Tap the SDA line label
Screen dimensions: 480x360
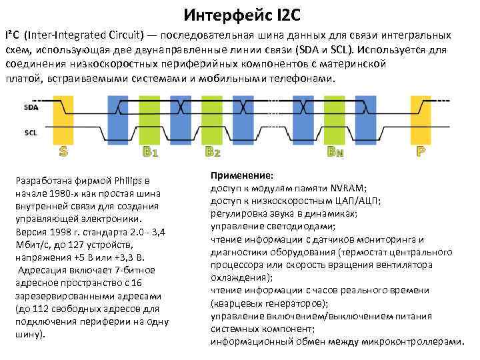click(31, 107)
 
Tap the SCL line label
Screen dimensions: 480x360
click(31, 133)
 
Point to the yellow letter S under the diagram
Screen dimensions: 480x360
click(63, 151)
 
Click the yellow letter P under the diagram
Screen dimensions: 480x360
click(421, 151)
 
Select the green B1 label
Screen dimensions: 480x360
click(150, 151)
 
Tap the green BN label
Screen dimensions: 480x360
click(335, 151)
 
